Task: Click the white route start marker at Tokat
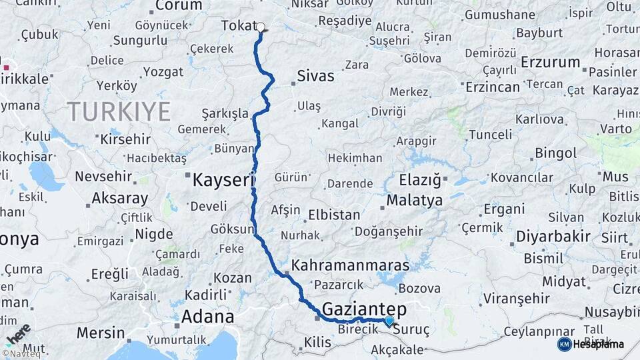coord(261,27)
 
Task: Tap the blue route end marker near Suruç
coord(389,321)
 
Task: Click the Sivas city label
coord(315,75)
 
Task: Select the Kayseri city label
coord(224,180)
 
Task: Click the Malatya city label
coord(414,200)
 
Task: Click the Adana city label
coord(207,316)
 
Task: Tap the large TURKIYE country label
coord(118,111)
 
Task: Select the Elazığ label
coord(420,180)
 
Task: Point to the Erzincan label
coord(492,87)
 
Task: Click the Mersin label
coord(100,332)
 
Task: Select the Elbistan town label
coord(334,215)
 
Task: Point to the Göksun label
coord(231,229)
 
